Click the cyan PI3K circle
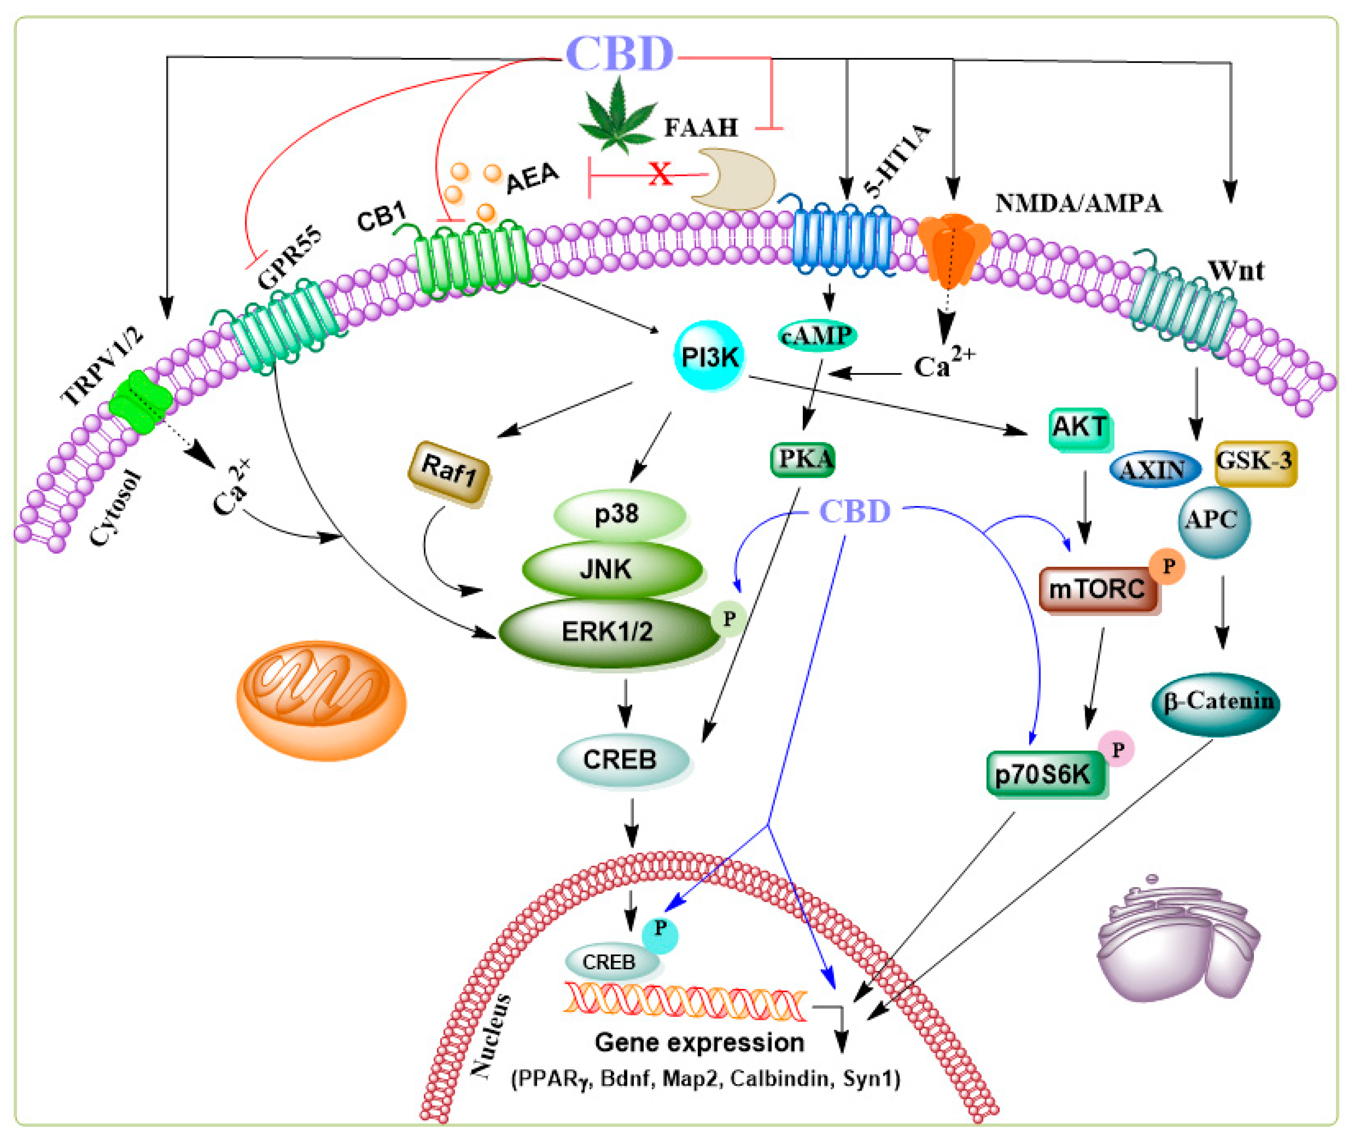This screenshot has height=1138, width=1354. [709, 356]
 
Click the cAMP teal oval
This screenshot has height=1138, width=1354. [816, 335]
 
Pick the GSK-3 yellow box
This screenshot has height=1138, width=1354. [1255, 462]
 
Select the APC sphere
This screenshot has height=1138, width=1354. [1213, 521]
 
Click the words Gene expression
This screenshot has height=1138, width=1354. [699, 1042]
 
